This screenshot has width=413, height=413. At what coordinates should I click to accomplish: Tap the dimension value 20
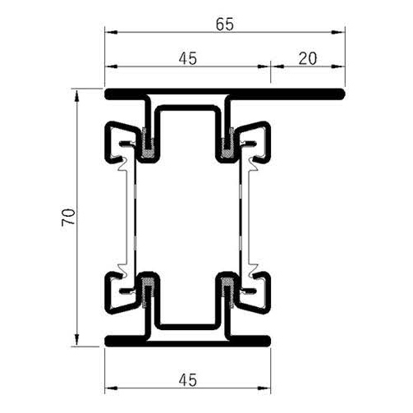[x=307, y=58]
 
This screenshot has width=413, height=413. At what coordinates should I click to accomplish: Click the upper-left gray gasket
[x=149, y=146]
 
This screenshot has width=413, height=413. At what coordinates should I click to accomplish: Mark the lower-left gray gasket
[x=149, y=289]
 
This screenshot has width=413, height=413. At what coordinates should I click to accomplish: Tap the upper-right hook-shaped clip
[x=256, y=141]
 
